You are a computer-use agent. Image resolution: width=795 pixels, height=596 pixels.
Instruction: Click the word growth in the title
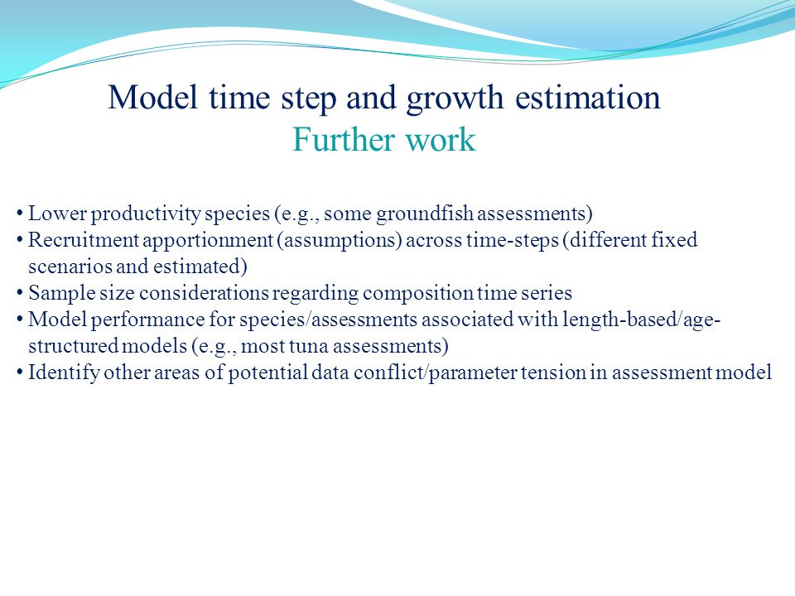455,99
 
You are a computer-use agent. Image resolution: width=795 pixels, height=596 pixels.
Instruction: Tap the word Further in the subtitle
343,139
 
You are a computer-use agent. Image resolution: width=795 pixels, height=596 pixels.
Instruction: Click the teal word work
441,139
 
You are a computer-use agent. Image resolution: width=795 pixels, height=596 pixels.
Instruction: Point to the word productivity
146,214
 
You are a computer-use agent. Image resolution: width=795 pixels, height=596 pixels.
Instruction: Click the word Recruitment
83,240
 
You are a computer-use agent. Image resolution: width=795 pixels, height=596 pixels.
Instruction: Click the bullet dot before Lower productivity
19,214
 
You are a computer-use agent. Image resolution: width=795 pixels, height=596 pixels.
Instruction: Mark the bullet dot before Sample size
19,293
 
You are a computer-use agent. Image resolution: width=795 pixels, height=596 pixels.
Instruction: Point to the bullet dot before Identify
19,373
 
